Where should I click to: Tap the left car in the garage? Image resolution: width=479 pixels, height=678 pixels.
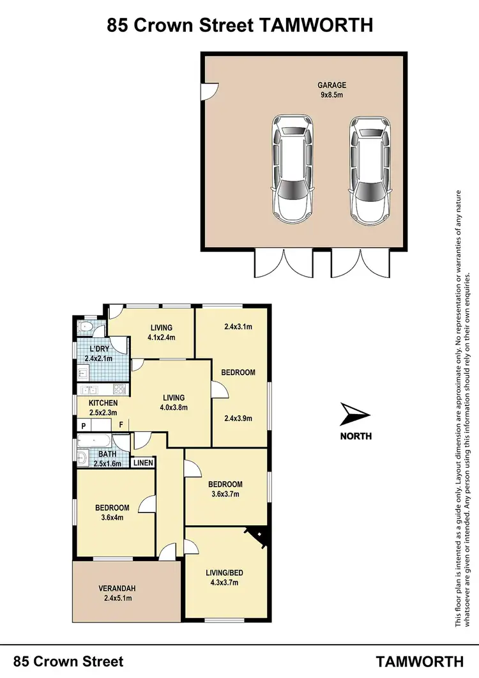293,168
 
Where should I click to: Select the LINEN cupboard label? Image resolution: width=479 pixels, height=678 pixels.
143,463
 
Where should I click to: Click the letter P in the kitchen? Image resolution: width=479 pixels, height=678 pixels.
83,425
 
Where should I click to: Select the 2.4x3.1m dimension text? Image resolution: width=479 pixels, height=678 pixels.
238,327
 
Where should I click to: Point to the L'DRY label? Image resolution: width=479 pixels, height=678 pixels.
98,349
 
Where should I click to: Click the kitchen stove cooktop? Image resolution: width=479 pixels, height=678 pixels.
120,389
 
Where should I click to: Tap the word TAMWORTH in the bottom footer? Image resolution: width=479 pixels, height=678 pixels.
420,661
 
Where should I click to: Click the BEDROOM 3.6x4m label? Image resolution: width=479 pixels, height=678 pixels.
112,512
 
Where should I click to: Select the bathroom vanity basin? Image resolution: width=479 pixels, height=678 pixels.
84,458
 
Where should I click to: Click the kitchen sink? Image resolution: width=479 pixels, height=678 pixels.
89,389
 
